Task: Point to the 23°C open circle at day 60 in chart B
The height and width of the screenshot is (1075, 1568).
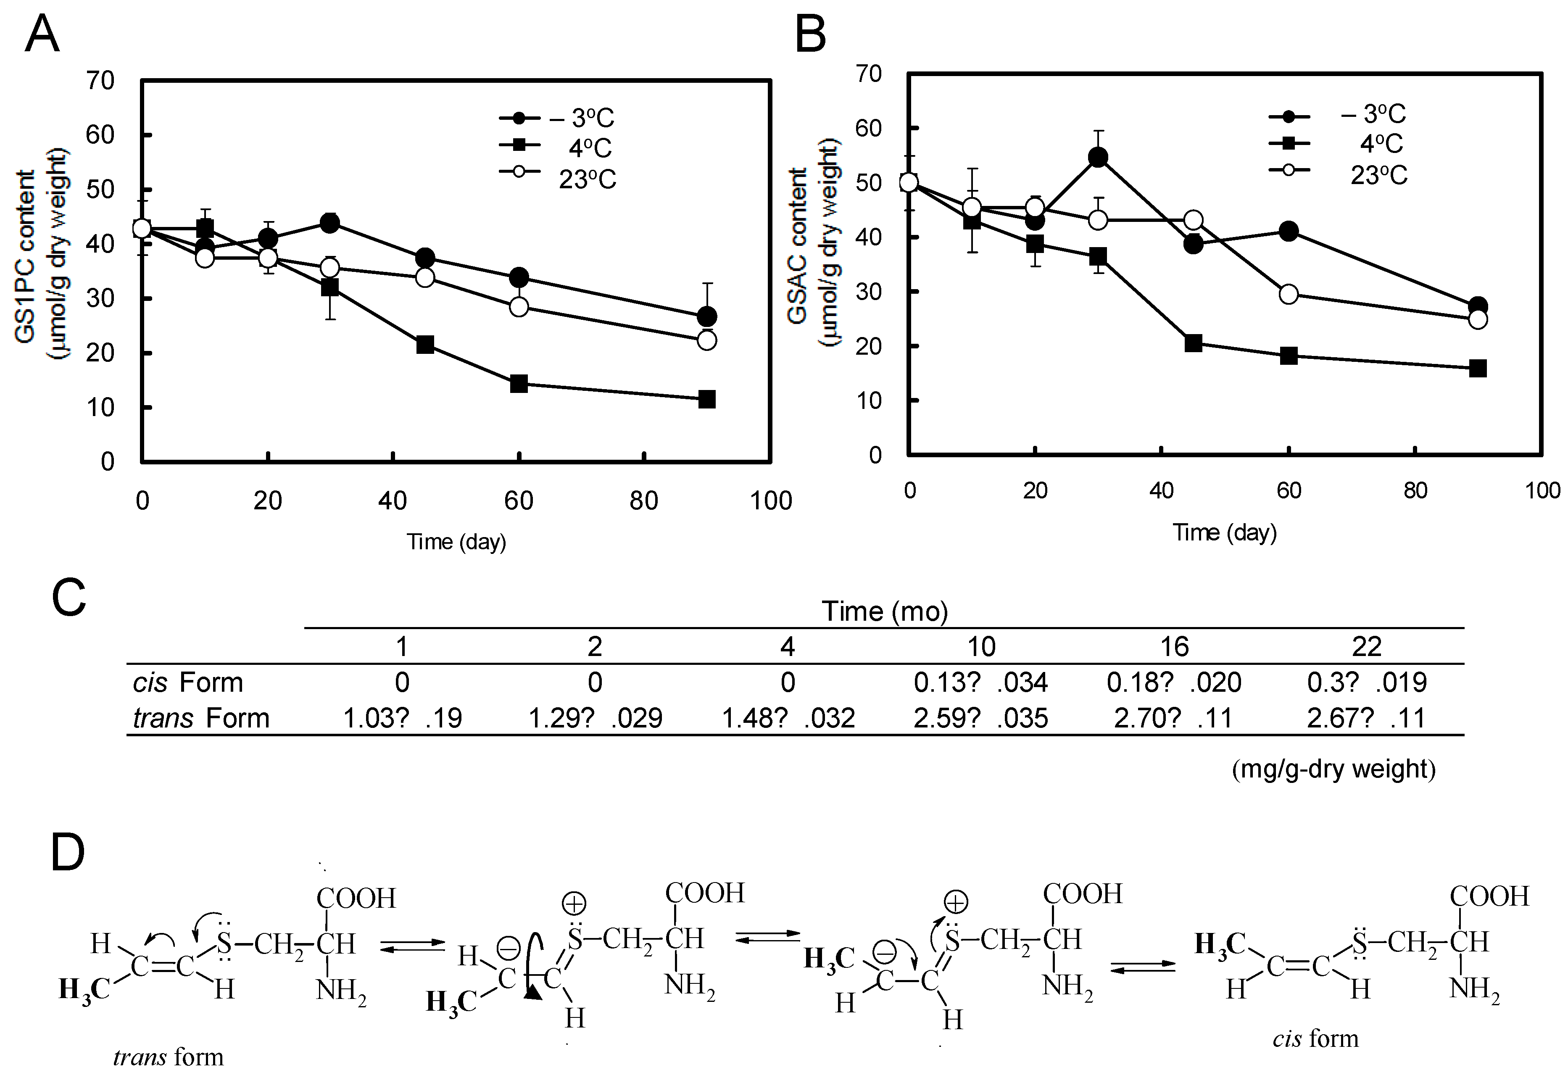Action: pos(1289,294)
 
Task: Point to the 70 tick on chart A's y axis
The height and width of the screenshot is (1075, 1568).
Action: pos(100,81)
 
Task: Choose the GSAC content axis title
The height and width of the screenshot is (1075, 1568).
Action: pos(798,246)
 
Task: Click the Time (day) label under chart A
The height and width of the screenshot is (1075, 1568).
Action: pos(456,542)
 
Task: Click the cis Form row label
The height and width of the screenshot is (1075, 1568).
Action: pos(187,682)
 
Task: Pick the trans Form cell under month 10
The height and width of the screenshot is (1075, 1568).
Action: pos(980,718)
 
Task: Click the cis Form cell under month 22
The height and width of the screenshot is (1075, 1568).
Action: pos(1366,682)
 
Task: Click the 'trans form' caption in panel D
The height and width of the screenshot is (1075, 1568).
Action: pos(168,1056)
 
